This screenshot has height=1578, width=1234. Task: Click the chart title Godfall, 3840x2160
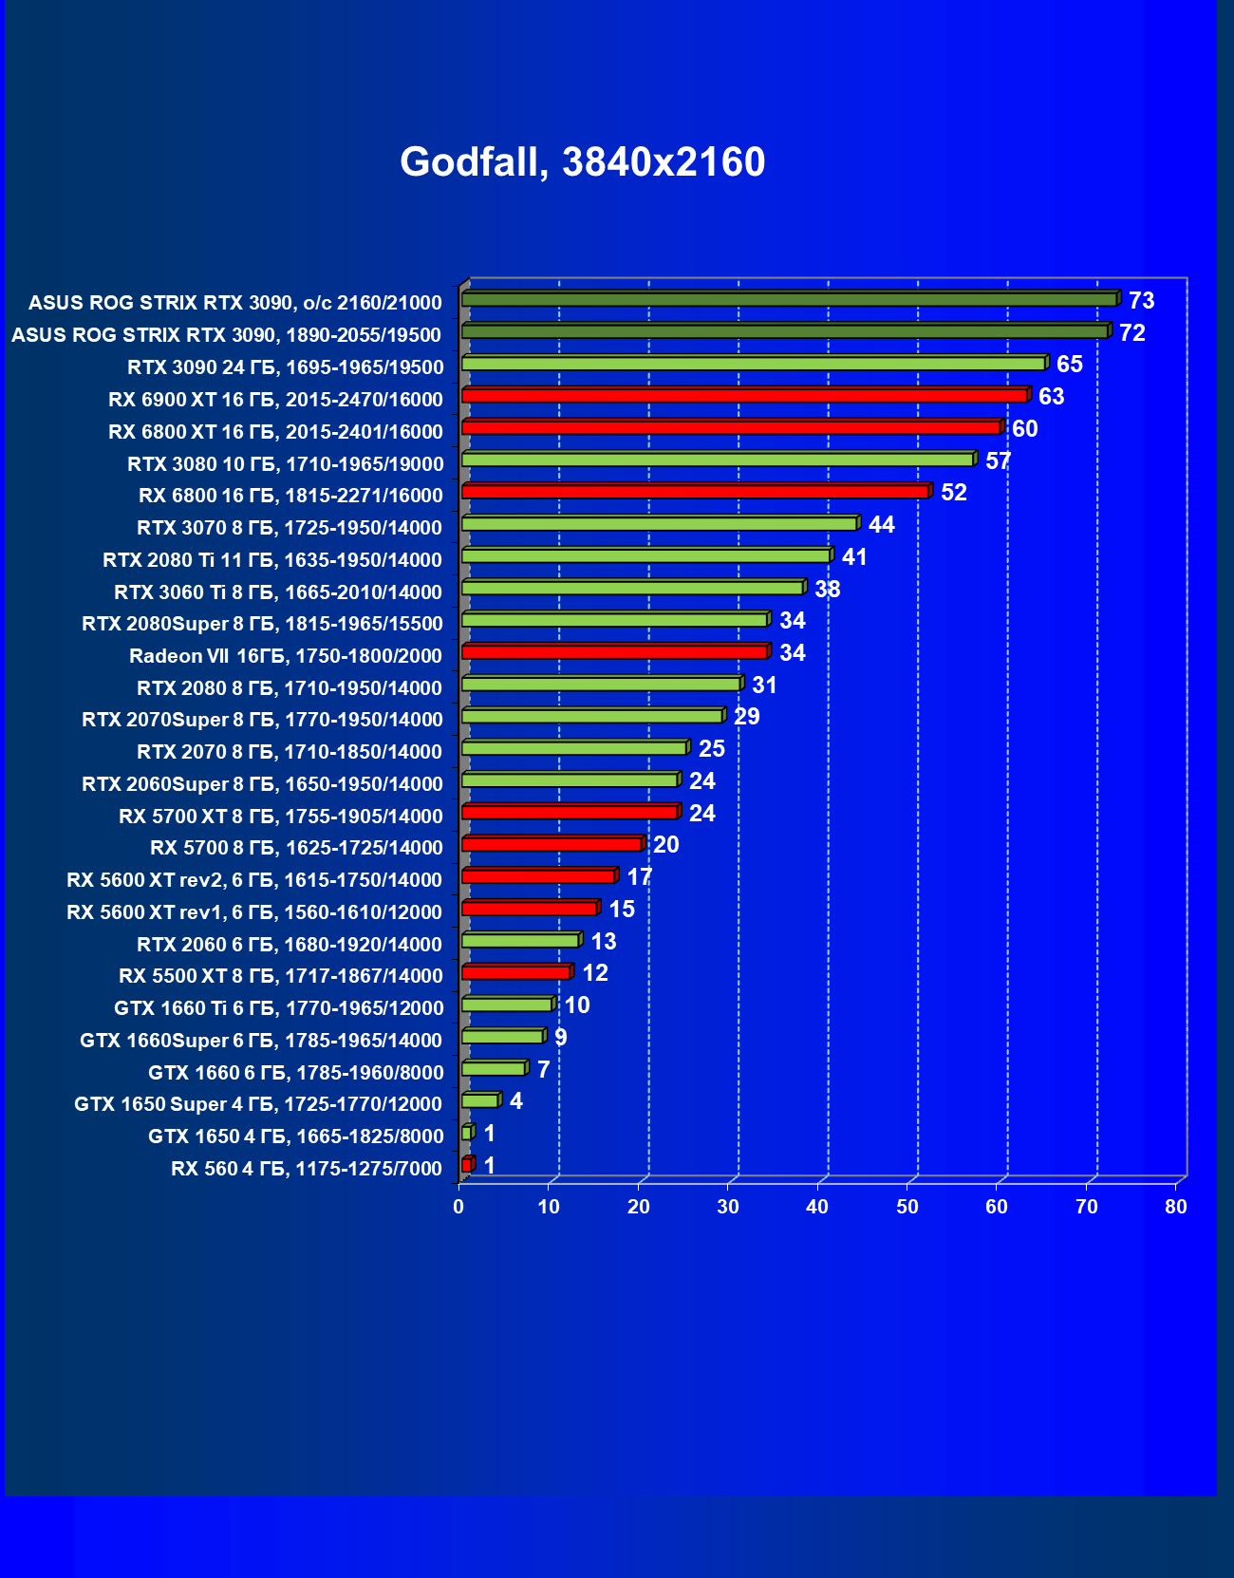point(582,162)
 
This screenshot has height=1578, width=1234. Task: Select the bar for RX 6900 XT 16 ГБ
point(745,395)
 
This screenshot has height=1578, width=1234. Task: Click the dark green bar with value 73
point(788,299)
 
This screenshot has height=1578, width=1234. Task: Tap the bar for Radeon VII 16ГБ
point(614,651)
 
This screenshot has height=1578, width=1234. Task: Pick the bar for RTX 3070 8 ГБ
point(659,523)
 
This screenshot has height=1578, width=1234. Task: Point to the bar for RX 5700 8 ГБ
point(552,844)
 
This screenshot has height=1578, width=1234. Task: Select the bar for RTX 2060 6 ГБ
point(520,940)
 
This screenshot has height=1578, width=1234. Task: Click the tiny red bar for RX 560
point(466,1164)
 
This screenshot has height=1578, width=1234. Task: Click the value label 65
point(1069,365)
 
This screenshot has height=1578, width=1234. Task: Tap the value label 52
point(953,493)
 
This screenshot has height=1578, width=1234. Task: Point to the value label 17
point(639,877)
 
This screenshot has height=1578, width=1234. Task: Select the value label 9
point(560,1038)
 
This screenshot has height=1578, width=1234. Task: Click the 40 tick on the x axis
point(817,1207)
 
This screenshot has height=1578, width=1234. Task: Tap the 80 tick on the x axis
point(1176,1207)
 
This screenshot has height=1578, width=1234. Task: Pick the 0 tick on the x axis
point(458,1207)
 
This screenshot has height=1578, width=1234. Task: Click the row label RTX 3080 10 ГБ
point(285,464)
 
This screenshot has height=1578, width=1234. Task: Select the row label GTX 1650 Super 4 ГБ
point(258,1104)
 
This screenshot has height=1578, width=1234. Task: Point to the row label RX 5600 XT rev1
point(254,912)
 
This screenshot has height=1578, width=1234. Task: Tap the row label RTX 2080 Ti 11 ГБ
point(272,560)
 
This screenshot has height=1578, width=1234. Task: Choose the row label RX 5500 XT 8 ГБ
point(281,976)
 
